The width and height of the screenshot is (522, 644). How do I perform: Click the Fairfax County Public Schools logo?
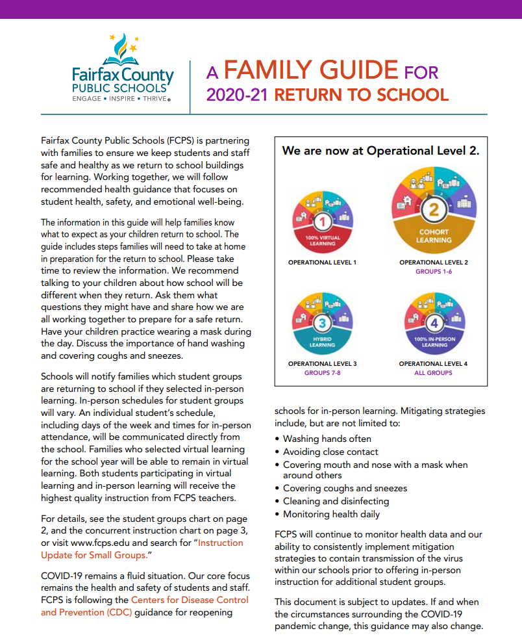pos(123,68)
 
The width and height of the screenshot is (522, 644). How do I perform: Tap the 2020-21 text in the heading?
pos(238,95)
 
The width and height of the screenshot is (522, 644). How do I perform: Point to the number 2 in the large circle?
pos(434,209)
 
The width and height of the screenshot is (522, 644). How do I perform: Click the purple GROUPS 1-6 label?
pos(434,271)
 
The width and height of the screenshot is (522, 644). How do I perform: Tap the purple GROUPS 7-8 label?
pos(323,373)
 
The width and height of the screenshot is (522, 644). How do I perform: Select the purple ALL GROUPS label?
pos(434,373)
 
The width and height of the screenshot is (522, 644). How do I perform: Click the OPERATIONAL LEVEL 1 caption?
pos(323,263)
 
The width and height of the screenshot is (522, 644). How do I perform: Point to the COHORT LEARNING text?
pos(434,236)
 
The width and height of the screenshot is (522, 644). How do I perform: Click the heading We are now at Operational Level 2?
pos(380,151)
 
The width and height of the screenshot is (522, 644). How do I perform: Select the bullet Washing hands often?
pos(327,439)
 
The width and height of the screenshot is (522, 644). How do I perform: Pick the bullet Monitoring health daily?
pos(331,514)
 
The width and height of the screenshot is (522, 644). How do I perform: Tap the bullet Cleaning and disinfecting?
pos(336,501)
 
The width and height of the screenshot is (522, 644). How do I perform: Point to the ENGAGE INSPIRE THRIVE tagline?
pos(122,99)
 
